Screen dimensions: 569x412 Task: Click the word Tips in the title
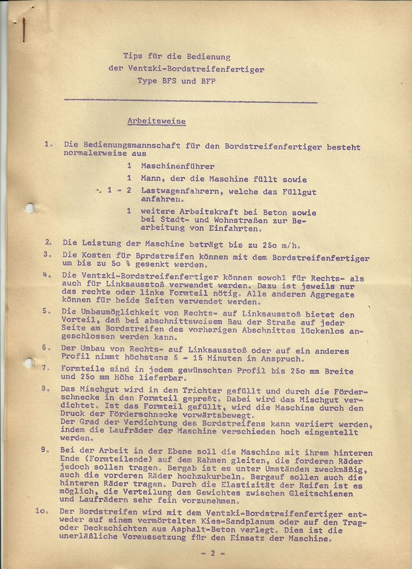click(133, 56)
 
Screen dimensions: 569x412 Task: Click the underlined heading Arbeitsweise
click(156, 122)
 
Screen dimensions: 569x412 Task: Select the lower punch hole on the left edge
click(28, 362)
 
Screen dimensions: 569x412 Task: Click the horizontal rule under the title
click(190, 101)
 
